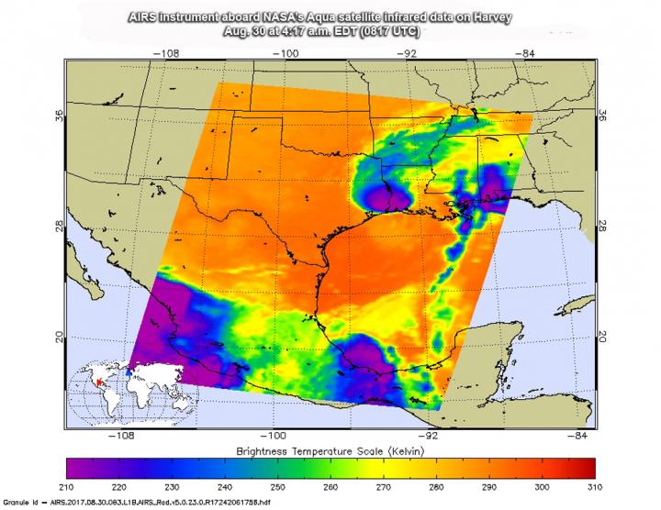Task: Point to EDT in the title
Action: (367, 30)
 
